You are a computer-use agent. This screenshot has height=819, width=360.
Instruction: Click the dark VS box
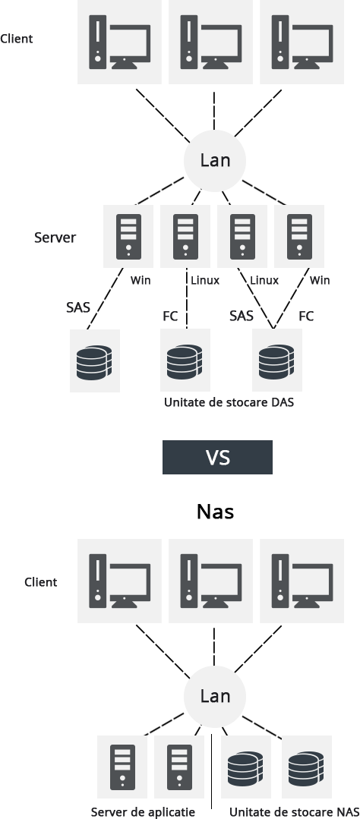point(217,457)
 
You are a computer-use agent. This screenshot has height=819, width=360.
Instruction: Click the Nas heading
point(215,512)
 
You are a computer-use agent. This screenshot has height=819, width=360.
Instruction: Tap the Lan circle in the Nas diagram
point(215,696)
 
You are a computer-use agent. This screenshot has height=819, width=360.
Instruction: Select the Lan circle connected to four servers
point(215,160)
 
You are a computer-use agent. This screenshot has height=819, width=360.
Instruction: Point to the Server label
point(55,238)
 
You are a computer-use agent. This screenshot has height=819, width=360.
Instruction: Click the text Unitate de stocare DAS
point(229,403)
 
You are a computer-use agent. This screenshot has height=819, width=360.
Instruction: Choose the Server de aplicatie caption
point(143,811)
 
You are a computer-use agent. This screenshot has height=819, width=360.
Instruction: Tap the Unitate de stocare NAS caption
point(294,811)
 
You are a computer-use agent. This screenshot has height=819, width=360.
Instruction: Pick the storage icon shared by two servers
point(277,361)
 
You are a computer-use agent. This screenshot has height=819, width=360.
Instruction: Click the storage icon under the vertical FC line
point(185,361)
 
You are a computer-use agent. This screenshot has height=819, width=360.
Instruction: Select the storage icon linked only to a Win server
point(95,361)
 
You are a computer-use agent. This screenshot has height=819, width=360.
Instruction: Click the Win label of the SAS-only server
point(141,281)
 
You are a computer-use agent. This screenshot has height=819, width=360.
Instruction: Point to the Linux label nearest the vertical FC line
point(205,281)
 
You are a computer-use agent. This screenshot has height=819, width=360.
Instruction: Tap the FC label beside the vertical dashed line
point(170,316)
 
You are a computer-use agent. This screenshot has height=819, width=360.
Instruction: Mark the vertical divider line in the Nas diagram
point(212,771)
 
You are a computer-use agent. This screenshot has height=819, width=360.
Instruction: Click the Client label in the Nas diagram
point(41,582)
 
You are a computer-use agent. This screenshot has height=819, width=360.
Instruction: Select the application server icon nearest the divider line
point(179,767)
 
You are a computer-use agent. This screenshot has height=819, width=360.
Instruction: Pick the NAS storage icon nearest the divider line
point(245,767)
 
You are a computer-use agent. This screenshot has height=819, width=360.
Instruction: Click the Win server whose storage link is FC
point(299,236)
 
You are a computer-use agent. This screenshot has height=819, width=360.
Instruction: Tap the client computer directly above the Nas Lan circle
point(210,581)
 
